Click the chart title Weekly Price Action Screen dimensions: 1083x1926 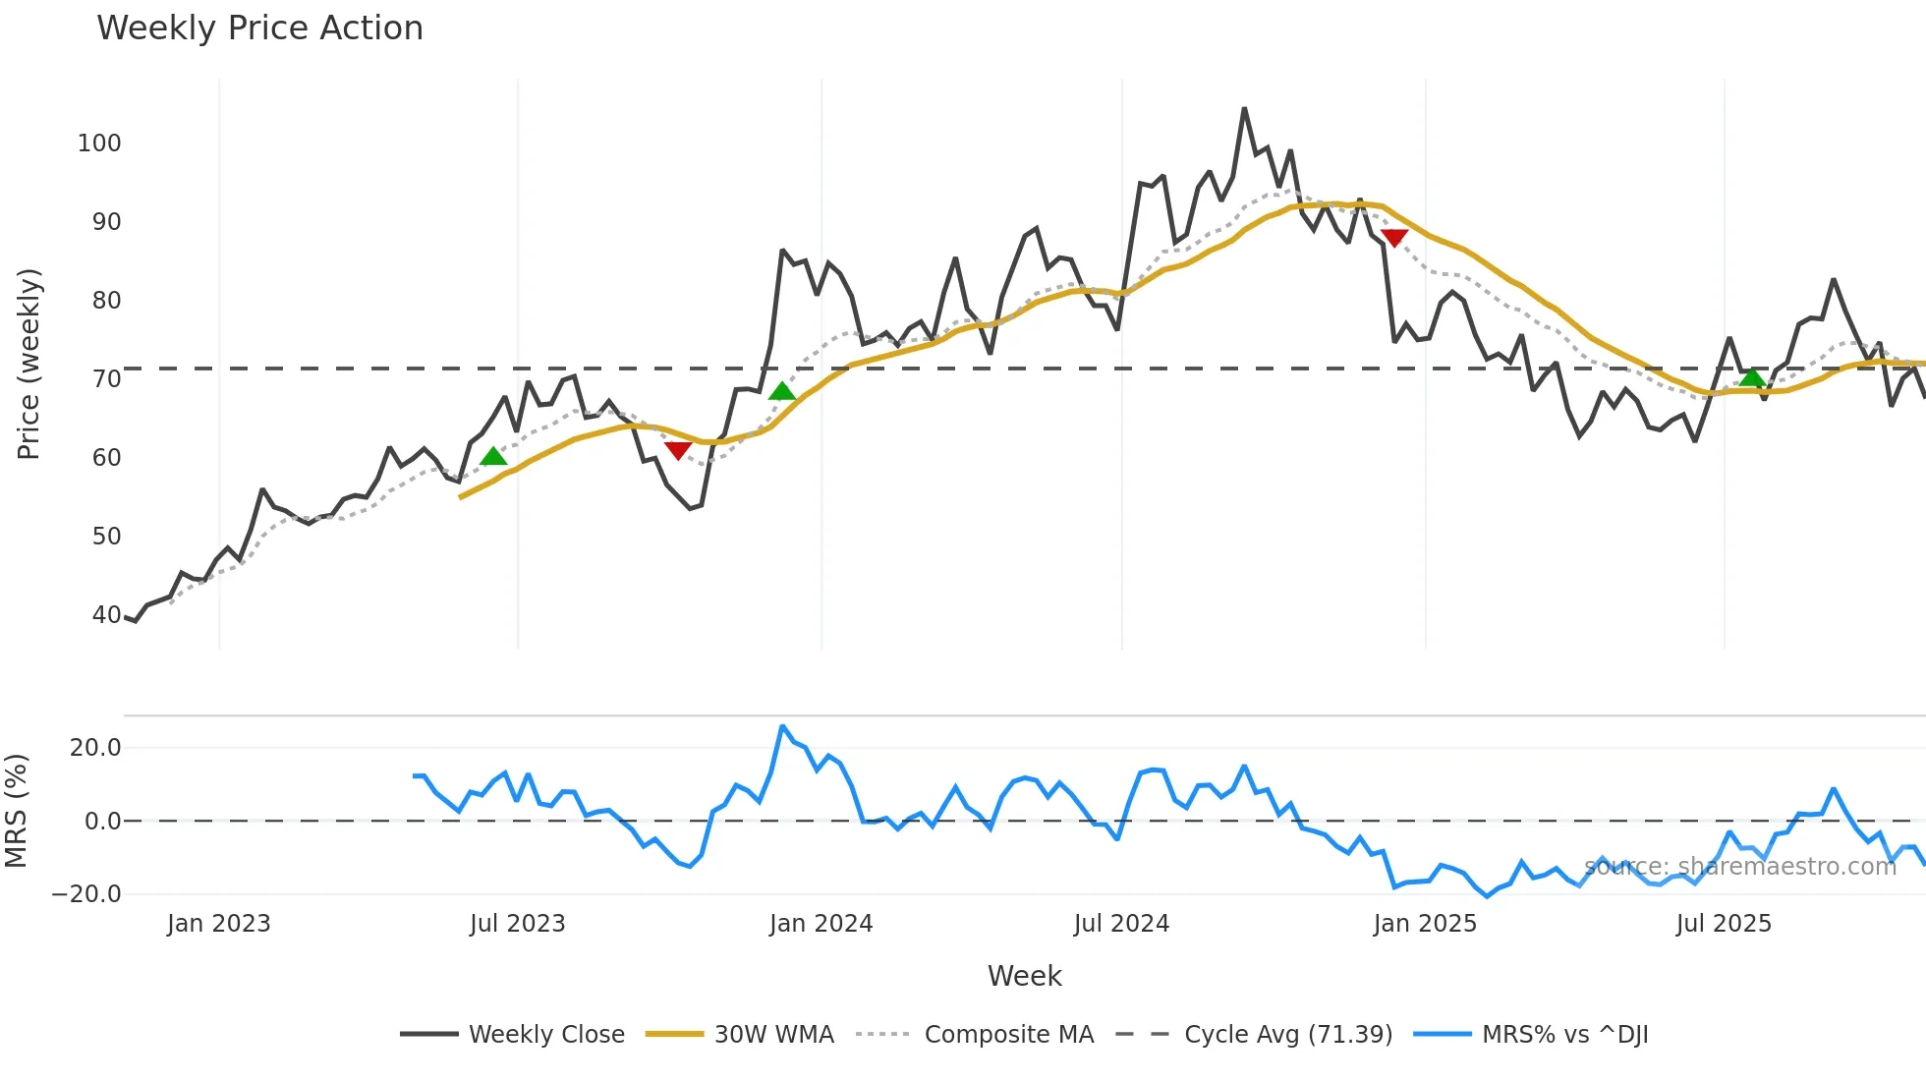(259, 28)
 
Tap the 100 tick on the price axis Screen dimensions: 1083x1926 (99, 143)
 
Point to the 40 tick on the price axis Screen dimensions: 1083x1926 (106, 615)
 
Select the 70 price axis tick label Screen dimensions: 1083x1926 (106, 379)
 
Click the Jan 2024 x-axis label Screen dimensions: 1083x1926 (821, 924)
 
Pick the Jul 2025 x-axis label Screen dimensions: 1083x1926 (1724, 924)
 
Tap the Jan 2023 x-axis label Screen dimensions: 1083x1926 (218, 924)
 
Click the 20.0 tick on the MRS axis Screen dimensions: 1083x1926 (95, 748)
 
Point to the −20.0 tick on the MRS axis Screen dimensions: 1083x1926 (86, 894)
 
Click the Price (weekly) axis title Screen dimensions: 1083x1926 (28, 364)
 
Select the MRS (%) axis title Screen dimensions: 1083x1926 (16, 811)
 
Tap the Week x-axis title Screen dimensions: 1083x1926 (1024, 976)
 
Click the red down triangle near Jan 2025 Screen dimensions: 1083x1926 (1393, 237)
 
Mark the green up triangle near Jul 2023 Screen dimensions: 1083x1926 (493, 456)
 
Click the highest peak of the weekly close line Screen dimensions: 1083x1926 (1244, 109)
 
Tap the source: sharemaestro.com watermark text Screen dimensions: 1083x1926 (1739, 867)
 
